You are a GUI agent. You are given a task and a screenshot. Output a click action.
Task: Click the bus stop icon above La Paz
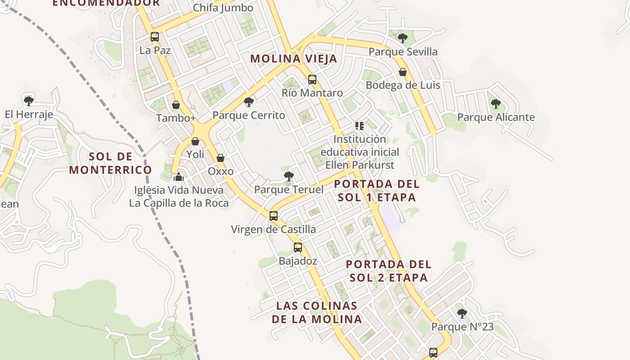tap(154, 37)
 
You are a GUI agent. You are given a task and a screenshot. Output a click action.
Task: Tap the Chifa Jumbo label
tap(223, 8)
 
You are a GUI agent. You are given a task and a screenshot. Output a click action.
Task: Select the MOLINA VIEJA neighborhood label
tap(293, 58)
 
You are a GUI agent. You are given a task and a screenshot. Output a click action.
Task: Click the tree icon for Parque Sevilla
tap(403, 38)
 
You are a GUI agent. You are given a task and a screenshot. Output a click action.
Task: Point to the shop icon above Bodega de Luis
tap(403, 72)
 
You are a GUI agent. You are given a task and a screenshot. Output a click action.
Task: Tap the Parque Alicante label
tap(496, 117)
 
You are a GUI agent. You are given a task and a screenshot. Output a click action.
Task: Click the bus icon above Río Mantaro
tap(312, 80)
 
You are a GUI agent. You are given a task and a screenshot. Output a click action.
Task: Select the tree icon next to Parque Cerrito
tap(248, 102)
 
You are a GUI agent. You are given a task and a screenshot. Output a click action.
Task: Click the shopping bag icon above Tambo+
tap(176, 105)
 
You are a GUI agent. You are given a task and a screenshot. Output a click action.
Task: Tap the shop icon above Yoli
tap(195, 141)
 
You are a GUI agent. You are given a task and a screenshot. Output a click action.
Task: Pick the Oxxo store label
tap(220, 171)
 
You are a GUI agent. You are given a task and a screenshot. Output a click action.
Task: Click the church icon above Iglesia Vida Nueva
tap(179, 176)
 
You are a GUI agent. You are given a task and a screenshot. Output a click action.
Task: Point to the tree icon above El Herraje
tap(29, 101)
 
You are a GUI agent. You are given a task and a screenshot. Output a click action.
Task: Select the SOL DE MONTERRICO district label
tap(110, 163)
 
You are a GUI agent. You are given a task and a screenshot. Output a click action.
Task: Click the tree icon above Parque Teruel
tap(289, 176)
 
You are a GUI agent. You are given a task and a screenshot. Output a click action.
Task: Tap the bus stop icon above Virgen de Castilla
tap(273, 216)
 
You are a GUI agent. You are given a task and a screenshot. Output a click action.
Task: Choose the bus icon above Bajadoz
tap(297, 247)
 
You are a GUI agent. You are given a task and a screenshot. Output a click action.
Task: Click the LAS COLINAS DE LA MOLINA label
tap(317, 312)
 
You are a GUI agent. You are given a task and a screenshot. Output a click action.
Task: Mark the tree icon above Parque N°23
tap(462, 313)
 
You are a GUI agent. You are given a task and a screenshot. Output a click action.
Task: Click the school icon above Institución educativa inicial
tap(359, 126)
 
